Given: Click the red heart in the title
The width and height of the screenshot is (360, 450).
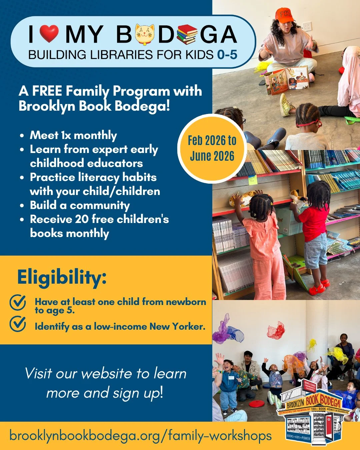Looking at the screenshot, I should pos(49,34).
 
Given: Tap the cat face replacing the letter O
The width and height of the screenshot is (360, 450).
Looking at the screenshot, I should pos(145,35).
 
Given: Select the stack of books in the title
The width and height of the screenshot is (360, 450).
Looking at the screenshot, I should pos(187,34).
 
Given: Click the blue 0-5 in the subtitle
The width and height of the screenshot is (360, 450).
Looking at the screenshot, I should pos(227,54).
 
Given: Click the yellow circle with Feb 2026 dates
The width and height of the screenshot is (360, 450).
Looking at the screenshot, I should pos(212,148).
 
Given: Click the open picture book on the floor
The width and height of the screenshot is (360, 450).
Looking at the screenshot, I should pos(287,80).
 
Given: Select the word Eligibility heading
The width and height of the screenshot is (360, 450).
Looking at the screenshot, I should pos(62,277).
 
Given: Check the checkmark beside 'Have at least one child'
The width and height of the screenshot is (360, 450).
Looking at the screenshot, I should pos(18,302).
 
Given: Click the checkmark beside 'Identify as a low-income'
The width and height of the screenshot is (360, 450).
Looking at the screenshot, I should pos(18,324).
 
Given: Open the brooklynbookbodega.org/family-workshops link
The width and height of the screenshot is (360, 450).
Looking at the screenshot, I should pos(140,436).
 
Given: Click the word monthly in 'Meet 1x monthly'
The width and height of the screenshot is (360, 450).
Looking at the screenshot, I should pos(95,135).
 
